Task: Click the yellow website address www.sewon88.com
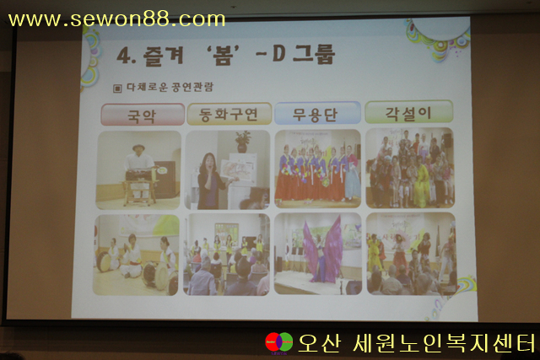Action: pyautogui.click(x=116, y=19)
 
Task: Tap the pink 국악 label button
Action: pyautogui.click(x=143, y=115)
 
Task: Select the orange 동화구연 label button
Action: pyautogui.click(x=229, y=114)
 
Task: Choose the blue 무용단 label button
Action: pyautogui.click(x=317, y=112)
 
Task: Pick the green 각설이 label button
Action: pyautogui.click(x=408, y=111)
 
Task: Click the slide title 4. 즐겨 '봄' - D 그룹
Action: pyautogui.click(x=225, y=55)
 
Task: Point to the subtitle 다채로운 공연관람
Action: pyautogui.click(x=170, y=87)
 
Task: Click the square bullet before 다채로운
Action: pyautogui.click(x=117, y=89)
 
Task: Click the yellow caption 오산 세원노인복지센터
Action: pyautogui.click(x=417, y=343)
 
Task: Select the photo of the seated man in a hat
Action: pyautogui.click(x=138, y=170)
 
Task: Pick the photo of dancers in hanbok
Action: pyautogui.click(x=317, y=169)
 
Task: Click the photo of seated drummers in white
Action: pyautogui.click(x=136, y=255)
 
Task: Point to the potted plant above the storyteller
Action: pyautogui.click(x=243, y=141)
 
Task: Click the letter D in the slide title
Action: pyautogui.click(x=278, y=53)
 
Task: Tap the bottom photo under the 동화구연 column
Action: pyautogui.click(x=227, y=255)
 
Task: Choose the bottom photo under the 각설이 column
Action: pyautogui.click(x=411, y=254)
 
